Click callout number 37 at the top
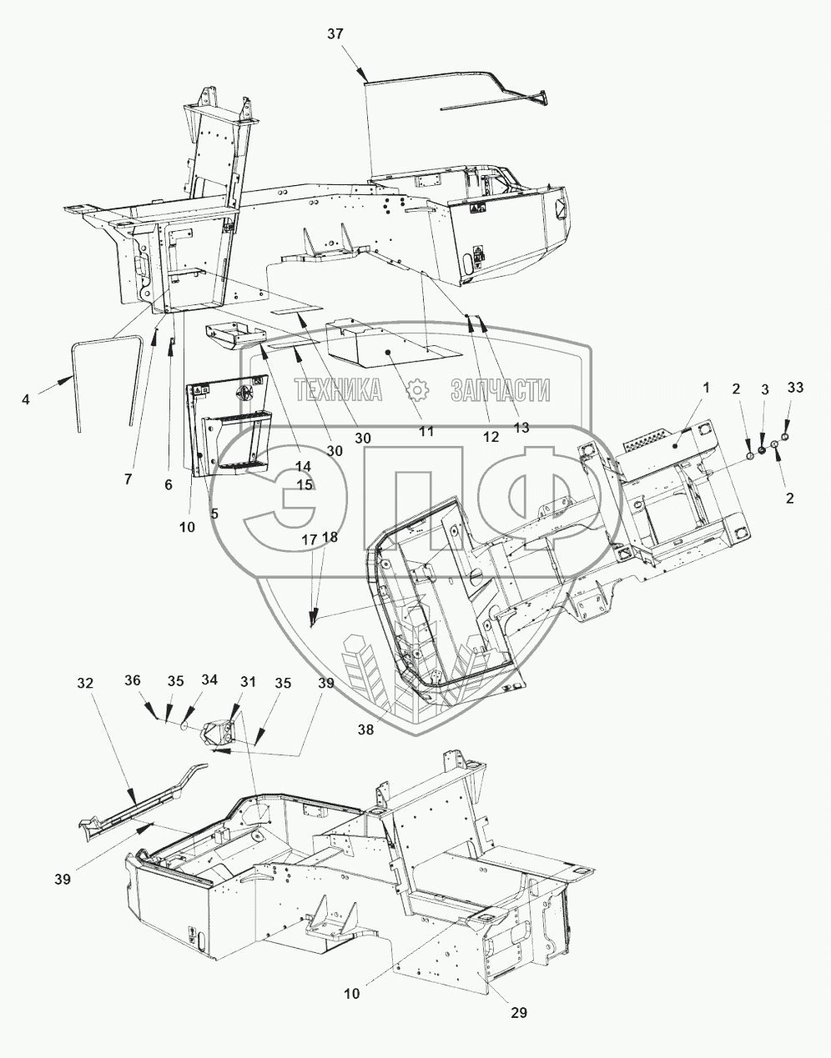click(335, 33)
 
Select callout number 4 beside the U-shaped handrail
click(26, 399)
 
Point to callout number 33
click(794, 387)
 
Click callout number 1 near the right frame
click(706, 388)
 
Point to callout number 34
click(209, 680)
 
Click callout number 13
click(521, 427)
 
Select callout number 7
click(128, 479)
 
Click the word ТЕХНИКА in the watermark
click(337, 389)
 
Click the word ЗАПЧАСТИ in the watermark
click(500, 389)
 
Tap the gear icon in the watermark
click(418, 389)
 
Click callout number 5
click(214, 514)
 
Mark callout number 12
click(489, 436)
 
